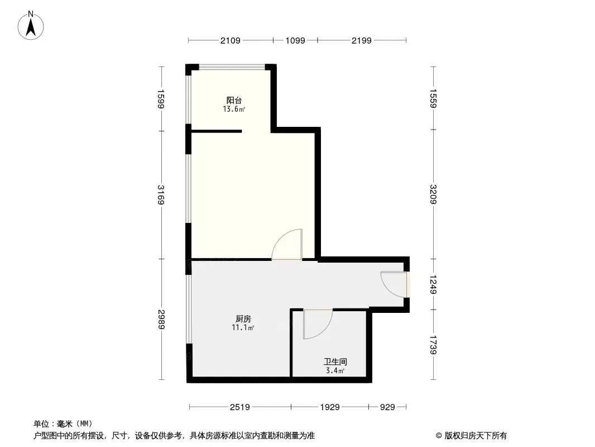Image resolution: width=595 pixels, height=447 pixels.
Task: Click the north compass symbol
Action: [x=32, y=25]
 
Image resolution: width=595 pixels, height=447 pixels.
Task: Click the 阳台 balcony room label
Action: [x=234, y=101]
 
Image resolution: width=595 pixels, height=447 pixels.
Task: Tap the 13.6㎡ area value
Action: [x=234, y=110]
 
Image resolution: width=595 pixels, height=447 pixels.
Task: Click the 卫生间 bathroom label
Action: [x=335, y=362]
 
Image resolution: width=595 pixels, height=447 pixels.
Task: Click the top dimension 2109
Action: [x=231, y=40]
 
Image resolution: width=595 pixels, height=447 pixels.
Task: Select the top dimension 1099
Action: [x=295, y=40]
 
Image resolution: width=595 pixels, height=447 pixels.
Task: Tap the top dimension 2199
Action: [x=362, y=40]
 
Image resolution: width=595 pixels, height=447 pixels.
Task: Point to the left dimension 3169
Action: [x=161, y=195]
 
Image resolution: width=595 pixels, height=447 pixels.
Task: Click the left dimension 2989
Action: [x=161, y=320]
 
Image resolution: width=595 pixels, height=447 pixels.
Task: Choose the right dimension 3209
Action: [x=434, y=195]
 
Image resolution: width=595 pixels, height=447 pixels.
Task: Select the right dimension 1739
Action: [x=434, y=345]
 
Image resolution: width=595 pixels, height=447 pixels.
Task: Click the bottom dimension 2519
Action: [x=240, y=407]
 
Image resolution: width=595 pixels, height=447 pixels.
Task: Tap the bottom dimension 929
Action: [x=387, y=407]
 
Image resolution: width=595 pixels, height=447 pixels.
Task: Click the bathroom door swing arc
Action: [x=318, y=324]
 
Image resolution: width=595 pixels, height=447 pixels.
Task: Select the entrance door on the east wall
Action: [x=395, y=284]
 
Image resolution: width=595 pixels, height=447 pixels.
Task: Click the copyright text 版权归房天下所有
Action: [x=474, y=435]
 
